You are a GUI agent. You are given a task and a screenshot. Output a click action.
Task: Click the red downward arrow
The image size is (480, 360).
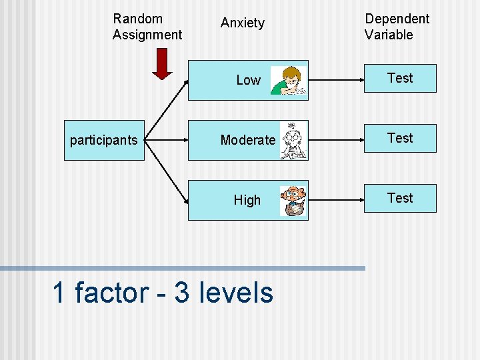(x=161, y=63)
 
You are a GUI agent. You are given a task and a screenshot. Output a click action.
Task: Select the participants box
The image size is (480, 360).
(x=104, y=140)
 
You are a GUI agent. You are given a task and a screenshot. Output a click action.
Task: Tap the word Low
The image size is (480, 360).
(x=248, y=80)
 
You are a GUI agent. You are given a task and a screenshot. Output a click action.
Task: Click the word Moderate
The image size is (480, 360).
(x=247, y=140)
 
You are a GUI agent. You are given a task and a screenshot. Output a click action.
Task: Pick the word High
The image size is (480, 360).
(x=247, y=200)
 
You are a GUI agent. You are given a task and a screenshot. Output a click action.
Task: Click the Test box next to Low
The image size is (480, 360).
(x=400, y=78)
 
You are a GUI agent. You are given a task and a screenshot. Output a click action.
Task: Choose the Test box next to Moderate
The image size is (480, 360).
(x=400, y=138)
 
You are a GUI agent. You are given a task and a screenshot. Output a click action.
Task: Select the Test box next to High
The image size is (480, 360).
(x=400, y=198)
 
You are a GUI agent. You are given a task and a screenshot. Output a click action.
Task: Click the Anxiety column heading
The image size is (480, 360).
(x=243, y=23)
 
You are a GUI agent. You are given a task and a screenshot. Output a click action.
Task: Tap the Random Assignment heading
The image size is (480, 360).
(x=147, y=27)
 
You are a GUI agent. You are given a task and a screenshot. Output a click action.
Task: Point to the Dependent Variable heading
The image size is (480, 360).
(x=397, y=27)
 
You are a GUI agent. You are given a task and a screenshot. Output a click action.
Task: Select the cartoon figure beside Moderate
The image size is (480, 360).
(x=293, y=141)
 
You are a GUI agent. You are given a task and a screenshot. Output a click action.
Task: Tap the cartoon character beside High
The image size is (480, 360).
(x=293, y=201)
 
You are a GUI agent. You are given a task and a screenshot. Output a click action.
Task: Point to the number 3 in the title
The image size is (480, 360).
(x=182, y=293)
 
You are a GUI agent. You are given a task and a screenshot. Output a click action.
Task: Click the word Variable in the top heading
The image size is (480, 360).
(x=389, y=35)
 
